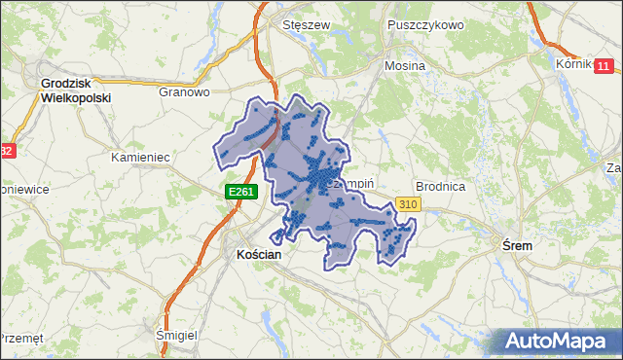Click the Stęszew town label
click(301, 25)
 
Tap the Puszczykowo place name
click(424, 25)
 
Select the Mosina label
click(406, 66)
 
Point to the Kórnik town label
click(574, 63)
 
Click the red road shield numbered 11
click(604, 66)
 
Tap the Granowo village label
click(185, 93)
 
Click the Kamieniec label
click(141, 157)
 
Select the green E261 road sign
click(241, 193)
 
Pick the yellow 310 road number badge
click(408, 204)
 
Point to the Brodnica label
click(443, 185)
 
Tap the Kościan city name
click(259, 254)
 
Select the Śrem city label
click(517, 246)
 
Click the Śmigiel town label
click(177, 335)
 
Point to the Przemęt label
click(21, 338)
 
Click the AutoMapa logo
click(557, 342)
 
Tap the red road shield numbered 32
click(7, 151)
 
